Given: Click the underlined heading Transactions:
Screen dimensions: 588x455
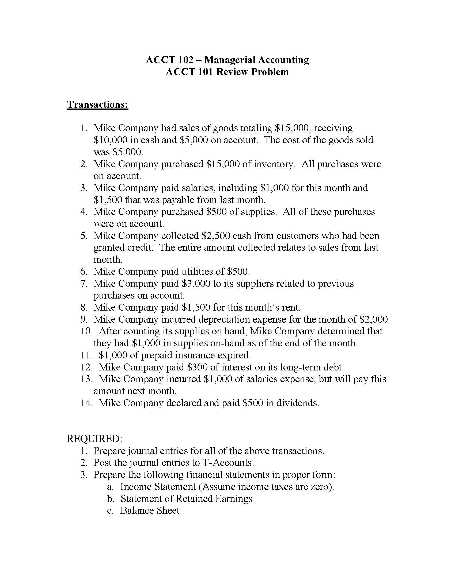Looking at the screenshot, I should click(x=97, y=105).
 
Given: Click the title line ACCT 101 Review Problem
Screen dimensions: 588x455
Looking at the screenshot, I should click(x=227, y=72).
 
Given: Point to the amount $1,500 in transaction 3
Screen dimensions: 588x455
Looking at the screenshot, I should click(x=108, y=200).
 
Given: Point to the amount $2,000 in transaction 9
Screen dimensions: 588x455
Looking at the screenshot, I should click(x=374, y=319).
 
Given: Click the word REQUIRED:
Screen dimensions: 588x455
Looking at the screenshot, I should click(x=94, y=439).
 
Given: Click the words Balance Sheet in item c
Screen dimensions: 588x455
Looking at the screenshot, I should click(x=150, y=510).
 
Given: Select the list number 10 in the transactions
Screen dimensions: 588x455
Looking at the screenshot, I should click(x=86, y=331).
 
